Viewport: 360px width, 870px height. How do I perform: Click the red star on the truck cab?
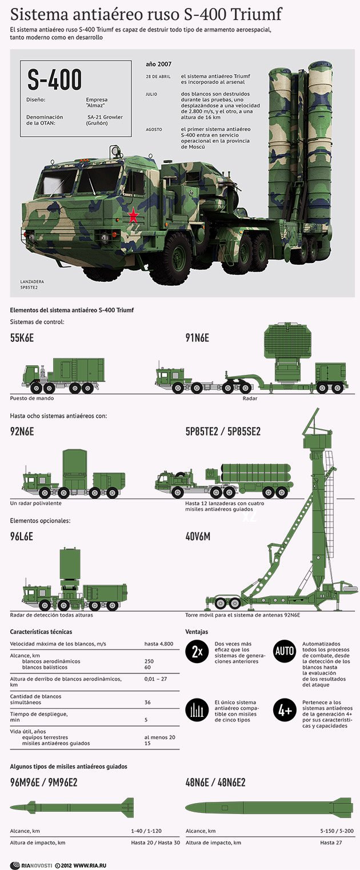(133, 215)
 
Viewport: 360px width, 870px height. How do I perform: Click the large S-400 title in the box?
(55, 81)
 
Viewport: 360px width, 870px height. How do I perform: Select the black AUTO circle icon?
(285, 652)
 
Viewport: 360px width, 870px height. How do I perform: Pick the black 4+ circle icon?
(285, 711)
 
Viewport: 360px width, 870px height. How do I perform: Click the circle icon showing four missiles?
(197, 711)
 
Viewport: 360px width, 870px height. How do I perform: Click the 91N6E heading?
(197, 338)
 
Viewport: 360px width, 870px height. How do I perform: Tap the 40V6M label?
(198, 537)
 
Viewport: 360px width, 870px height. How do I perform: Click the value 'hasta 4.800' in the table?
(158, 644)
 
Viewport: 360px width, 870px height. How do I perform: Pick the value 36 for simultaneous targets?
(147, 703)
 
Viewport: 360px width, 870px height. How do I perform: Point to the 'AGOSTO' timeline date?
(154, 130)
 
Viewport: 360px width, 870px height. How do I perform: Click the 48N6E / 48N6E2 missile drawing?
(269, 807)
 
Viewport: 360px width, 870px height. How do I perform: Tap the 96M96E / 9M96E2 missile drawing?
(72, 807)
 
